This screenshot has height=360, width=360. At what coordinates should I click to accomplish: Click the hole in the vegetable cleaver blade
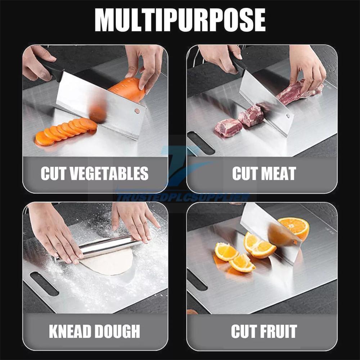[137, 111]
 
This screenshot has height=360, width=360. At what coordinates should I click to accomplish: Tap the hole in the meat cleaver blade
[288, 116]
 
